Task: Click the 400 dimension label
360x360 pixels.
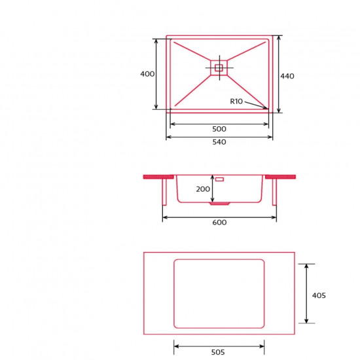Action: point(147,74)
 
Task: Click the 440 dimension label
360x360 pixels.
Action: point(287,76)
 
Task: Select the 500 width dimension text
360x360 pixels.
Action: point(219,129)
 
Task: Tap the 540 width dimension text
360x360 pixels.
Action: point(219,142)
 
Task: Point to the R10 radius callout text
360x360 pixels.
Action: point(236,101)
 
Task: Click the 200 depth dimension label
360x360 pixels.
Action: point(203,189)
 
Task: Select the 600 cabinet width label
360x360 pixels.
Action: point(219,223)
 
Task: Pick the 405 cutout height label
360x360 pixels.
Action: point(319,295)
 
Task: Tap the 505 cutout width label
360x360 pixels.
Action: point(218,352)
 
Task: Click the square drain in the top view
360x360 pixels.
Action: point(219,67)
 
